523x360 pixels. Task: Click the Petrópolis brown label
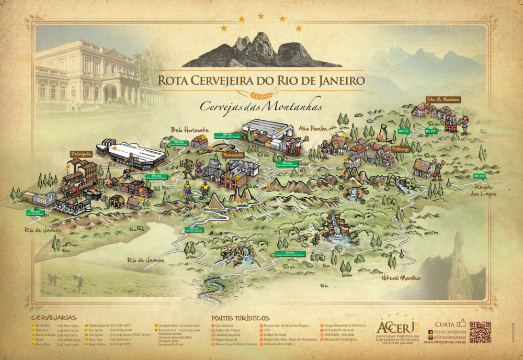click(81, 154)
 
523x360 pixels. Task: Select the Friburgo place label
click(400, 149)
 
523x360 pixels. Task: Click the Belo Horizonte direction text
click(190, 130)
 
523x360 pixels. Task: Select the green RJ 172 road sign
click(430, 131)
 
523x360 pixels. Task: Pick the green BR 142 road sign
click(479, 176)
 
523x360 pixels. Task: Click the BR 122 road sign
click(296, 253)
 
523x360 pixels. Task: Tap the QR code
click(480, 332)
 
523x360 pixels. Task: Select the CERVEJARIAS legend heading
click(54, 317)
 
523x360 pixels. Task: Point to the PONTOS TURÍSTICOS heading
click(240, 318)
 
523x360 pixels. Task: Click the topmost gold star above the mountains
click(261, 16)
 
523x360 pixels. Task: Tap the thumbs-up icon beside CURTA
click(461, 323)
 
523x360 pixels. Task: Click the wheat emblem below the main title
click(261, 95)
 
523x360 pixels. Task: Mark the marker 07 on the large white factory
click(115, 148)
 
